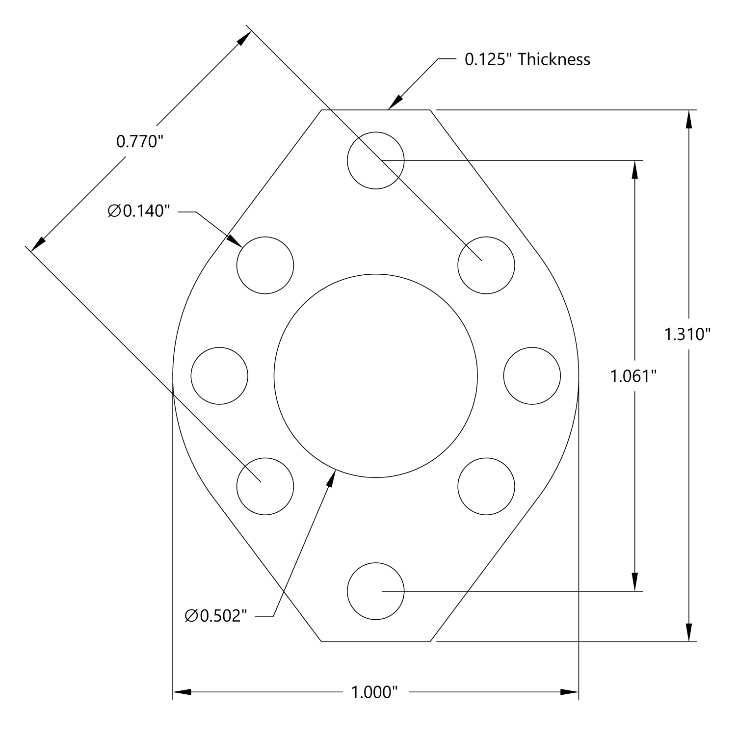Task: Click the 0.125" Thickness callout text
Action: coord(527,59)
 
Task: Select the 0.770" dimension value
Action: coord(139,142)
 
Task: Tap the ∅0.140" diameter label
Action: coord(139,211)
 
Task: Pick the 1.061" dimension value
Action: coord(633,377)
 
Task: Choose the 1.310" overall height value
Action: coord(687,335)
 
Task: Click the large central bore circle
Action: coord(375,376)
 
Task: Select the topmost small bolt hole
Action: coord(375,160)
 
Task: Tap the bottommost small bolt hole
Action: coord(375,591)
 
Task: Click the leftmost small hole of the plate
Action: coord(219,376)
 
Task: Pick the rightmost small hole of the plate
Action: coord(532,376)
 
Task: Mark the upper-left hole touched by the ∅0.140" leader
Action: coord(265,265)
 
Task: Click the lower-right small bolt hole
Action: coord(486,486)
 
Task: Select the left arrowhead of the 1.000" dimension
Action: coord(182,692)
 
